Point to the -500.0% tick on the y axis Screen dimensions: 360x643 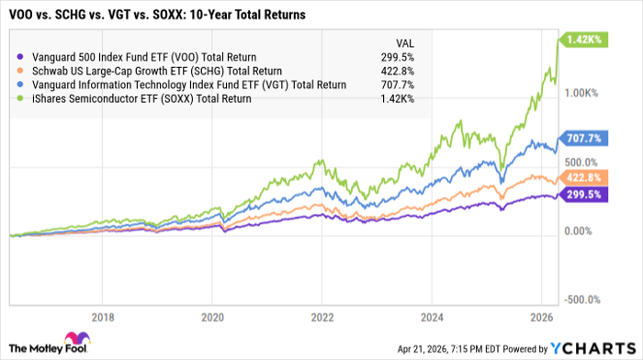coord(606,298)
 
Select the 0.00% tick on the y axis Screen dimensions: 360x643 coord(604,231)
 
